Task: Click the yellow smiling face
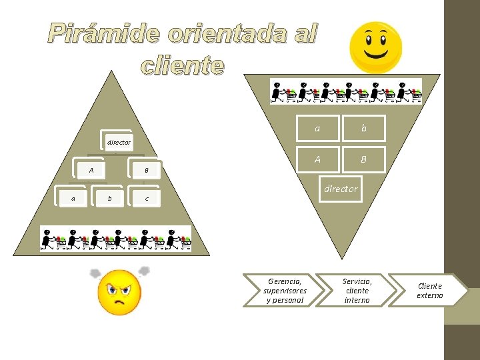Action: pos(376,47)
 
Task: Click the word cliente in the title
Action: pos(182,65)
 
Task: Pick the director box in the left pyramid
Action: pos(119,142)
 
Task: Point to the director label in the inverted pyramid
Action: pos(341,189)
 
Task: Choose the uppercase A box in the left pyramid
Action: pos(91,171)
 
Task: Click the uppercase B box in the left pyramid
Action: pos(146,171)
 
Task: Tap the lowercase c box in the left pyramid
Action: pos(146,199)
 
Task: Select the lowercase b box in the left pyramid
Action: pos(109,198)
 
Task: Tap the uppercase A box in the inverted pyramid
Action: pos(317,159)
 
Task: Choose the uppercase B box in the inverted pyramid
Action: pos(363,159)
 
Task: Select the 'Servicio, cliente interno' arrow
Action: pos(356,291)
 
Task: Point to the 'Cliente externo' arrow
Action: pos(429,291)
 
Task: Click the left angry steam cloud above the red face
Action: pos(95,274)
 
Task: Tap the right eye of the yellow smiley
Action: pos(385,37)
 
